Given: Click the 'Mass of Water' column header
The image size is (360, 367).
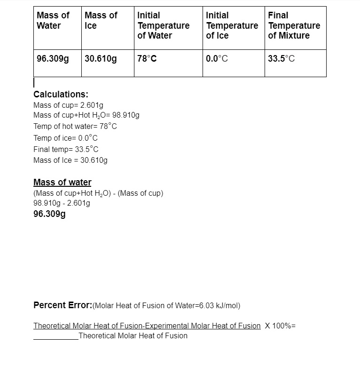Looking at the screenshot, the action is point(53,20).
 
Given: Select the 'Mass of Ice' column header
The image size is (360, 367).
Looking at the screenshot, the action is point(101,20).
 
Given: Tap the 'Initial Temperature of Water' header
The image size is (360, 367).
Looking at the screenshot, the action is point(163,25).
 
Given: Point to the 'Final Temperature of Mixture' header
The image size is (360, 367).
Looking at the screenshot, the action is point(294,25).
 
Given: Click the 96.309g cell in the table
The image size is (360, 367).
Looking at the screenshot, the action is point(53,59).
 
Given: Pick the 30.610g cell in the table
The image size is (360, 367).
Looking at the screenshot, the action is point(101,59).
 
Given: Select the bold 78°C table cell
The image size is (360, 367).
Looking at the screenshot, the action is point(147,59).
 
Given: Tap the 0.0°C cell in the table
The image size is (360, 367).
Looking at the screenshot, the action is point(217,59).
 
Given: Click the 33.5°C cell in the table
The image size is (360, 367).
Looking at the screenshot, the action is point(282,59).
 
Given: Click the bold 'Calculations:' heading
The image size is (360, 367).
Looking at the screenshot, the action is point(61,94).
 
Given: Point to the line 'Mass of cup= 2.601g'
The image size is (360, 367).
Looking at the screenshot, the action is point(68,105).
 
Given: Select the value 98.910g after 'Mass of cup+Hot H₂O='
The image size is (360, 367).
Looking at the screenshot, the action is point(126,115).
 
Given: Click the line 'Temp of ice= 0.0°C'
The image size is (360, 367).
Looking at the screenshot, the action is point(65,138).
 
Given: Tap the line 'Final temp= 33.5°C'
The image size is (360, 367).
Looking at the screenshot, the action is point(66,149).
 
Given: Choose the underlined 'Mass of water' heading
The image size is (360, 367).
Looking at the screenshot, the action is point(62,182).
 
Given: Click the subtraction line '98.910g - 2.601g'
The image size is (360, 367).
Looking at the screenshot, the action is point(62,203).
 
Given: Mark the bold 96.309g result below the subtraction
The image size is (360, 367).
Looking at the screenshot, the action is point(49,214).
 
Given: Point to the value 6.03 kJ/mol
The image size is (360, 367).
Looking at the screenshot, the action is point(220,306).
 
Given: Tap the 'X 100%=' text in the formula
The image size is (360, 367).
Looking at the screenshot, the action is point(280,326).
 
